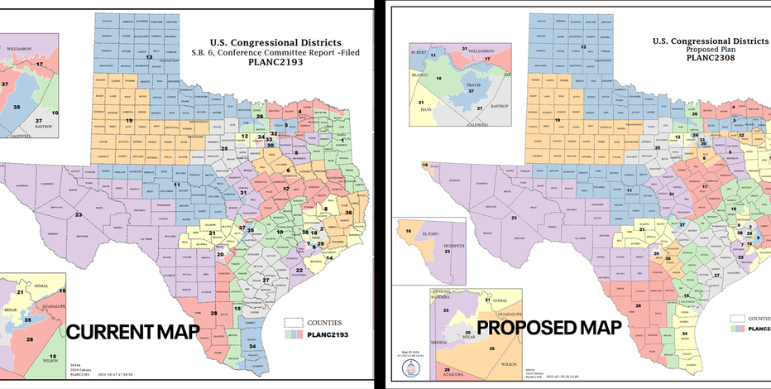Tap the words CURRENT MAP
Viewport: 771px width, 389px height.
pos(133,333)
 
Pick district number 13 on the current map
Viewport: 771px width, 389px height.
pos(149,57)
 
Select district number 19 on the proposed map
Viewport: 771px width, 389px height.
pos(558,120)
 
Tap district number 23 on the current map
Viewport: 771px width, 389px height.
pos(79,214)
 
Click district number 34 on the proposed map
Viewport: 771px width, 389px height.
pos(684,334)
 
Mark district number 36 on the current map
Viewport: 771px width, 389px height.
pos(348,213)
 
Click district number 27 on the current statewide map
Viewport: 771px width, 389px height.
pos(266,280)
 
